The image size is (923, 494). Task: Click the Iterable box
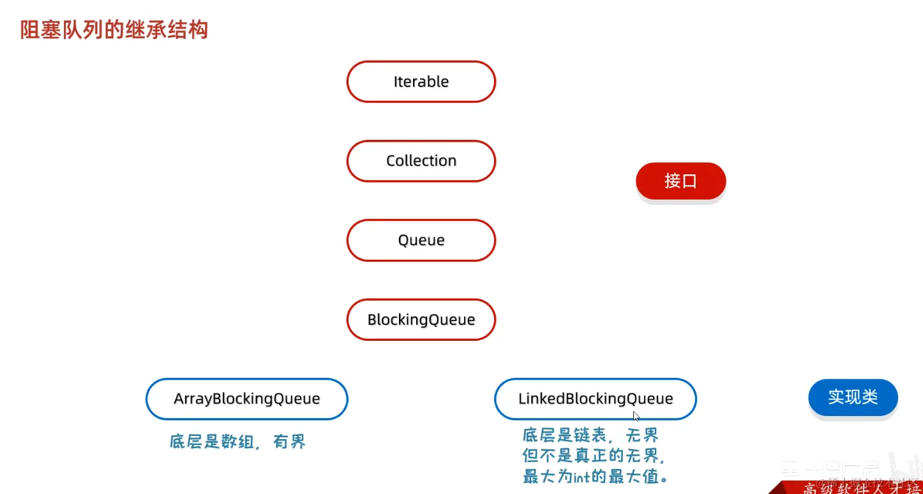(421, 82)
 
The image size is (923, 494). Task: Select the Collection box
(421, 161)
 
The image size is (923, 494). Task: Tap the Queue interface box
(421, 240)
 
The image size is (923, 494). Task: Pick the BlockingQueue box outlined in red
(421, 319)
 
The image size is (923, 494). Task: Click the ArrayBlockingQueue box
(247, 399)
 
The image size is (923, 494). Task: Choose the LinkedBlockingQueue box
(596, 399)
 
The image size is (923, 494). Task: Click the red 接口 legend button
(680, 181)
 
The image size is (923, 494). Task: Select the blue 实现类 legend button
(853, 397)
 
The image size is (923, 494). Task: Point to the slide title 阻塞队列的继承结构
(114, 29)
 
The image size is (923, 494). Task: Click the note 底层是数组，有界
(238, 442)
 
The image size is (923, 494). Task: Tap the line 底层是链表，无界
(590, 437)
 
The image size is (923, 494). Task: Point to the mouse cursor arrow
(636, 415)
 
